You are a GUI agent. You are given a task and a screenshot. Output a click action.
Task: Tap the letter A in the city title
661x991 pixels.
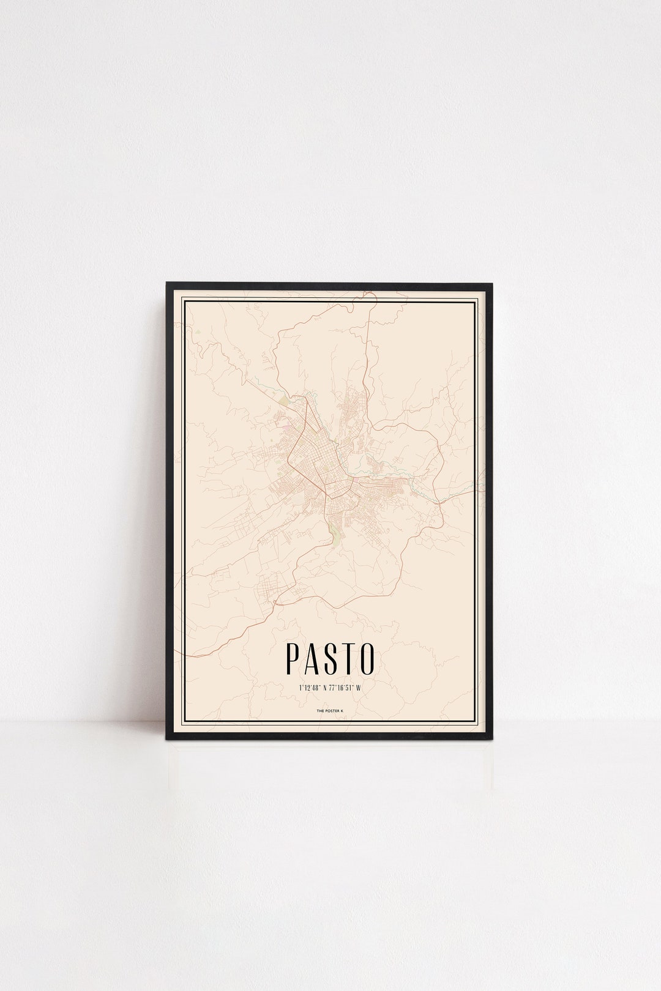click(x=312, y=657)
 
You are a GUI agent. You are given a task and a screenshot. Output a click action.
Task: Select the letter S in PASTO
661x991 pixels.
click(x=330, y=657)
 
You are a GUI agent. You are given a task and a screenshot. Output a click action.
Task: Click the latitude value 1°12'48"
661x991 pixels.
click(x=310, y=688)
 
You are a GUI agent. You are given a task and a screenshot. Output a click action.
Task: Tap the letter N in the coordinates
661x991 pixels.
click(x=326, y=688)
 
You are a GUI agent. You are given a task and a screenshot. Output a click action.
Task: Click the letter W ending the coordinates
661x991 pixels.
click(x=359, y=688)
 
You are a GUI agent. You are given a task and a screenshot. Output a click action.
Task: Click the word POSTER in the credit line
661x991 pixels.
click(x=331, y=711)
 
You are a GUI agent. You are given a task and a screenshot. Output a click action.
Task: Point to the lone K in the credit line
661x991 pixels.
click(x=342, y=711)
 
